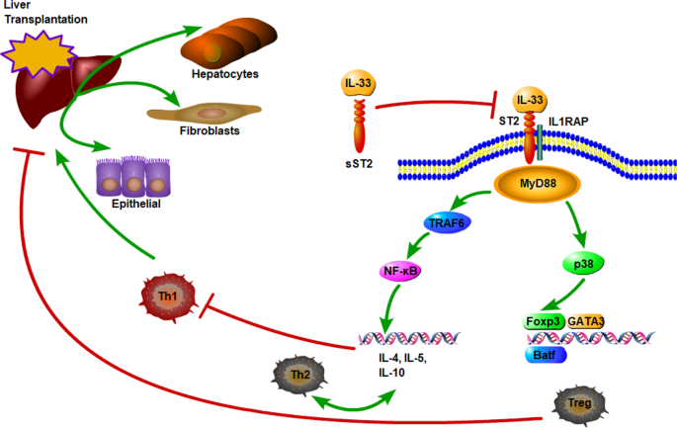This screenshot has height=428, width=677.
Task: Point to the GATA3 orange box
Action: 586,321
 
